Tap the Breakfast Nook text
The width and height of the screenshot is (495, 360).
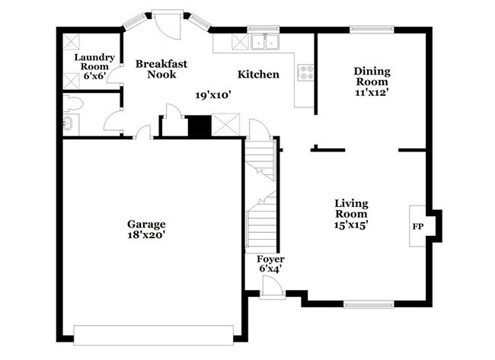(161, 69)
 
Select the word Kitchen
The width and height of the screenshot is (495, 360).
(258, 75)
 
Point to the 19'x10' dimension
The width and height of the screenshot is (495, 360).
(212, 94)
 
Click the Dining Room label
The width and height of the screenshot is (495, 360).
(372, 76)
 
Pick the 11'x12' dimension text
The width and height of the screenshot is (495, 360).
(372, 93)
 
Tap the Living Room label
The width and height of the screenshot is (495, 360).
(351, 209)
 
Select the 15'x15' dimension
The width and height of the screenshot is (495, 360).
(351, 225)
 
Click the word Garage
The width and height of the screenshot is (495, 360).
(146, 224)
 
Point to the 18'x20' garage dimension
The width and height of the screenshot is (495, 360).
(146, 235)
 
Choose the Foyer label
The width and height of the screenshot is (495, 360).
(270, 260)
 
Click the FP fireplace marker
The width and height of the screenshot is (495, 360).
(418, 227)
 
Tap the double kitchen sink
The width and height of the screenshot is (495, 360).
(263, 42)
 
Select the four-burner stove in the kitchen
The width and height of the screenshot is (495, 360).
(308, 73)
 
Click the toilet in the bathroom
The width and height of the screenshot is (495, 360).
(75, 103)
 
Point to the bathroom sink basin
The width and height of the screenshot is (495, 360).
(68, 123)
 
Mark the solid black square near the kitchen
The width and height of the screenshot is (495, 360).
(199, 126)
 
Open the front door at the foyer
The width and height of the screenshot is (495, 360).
(271, 287)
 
